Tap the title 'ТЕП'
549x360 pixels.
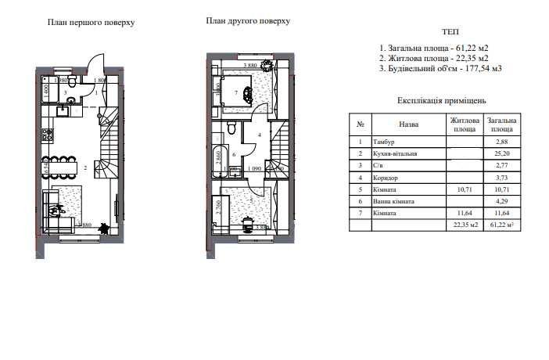pos(450,32)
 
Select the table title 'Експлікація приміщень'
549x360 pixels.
pos(442,101)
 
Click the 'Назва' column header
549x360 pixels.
pos(408,124)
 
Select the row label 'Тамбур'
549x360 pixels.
pos(384,142)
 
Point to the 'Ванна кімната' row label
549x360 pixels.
pos(393,201)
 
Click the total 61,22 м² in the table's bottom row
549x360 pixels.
pos(501,225)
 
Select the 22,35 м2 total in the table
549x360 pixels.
pos(464,225)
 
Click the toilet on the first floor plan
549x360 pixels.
pos(70,81)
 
